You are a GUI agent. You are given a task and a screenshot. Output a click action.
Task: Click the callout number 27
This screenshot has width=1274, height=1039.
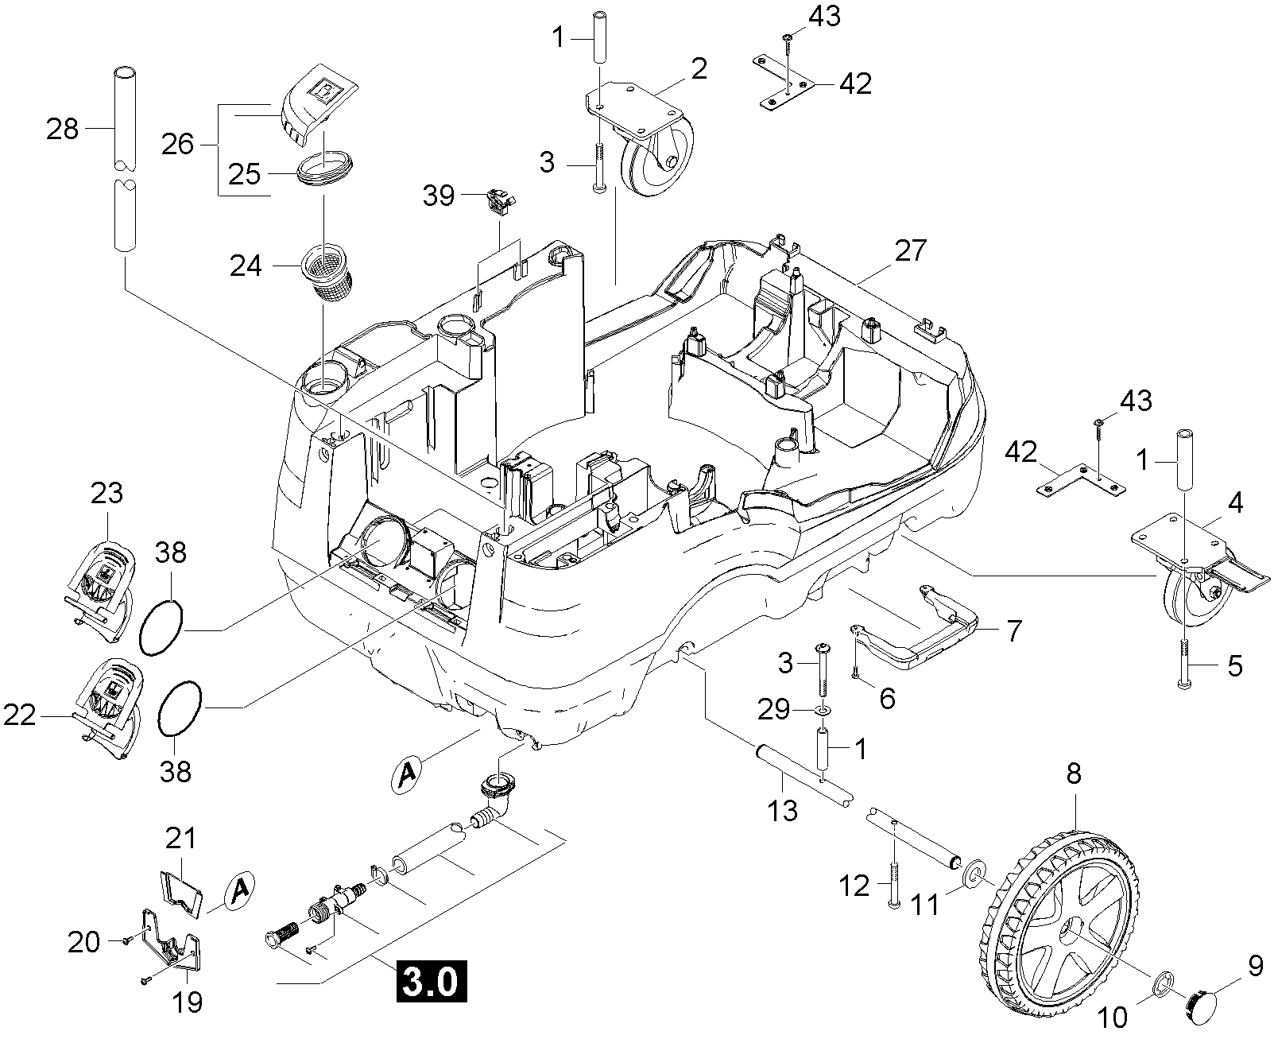tap(910, 250)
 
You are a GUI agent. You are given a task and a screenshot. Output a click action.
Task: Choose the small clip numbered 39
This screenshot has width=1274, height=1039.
tap(498, 202)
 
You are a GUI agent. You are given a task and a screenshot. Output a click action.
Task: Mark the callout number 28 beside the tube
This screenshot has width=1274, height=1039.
tap(63, 129)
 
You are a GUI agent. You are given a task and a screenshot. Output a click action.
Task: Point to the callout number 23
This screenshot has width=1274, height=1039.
tap(106, 494)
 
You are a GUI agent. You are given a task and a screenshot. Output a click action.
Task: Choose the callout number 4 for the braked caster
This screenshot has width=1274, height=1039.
tap(1235, 503)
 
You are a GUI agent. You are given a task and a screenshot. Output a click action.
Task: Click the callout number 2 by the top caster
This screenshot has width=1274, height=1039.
tap(699, 69)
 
